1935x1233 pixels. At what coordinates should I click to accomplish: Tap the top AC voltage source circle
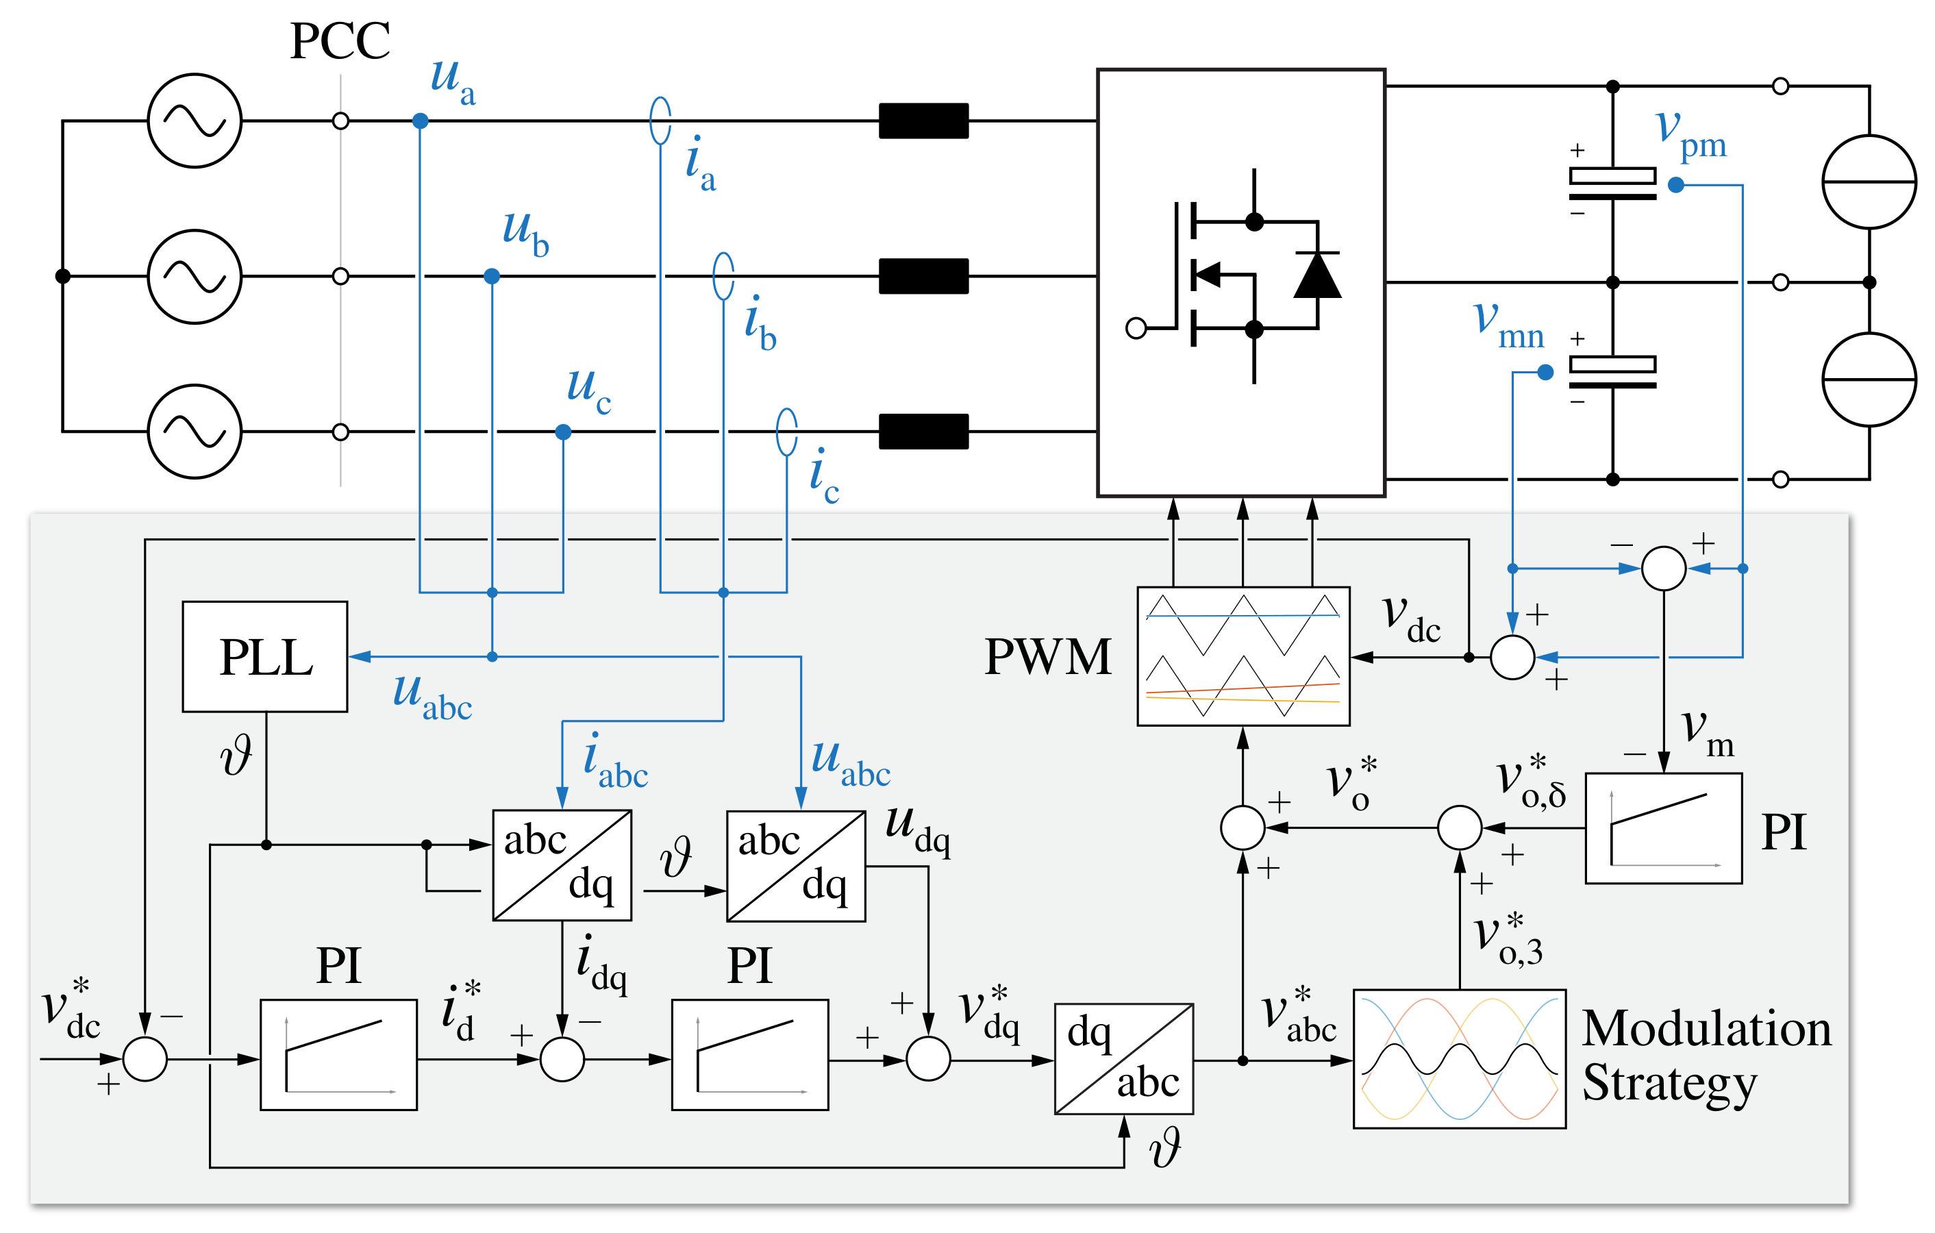[195, 121]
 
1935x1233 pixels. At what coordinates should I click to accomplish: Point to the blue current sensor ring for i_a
[660, 121]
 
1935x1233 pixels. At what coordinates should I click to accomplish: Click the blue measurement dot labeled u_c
[563, 432]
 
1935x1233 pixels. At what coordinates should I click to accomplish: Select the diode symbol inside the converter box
[1316, 275]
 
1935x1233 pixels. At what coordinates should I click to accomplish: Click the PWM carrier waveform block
[1243, 656]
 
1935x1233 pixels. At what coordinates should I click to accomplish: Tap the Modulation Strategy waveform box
[1458, 1058]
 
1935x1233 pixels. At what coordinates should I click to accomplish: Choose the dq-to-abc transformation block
[1123, 1058]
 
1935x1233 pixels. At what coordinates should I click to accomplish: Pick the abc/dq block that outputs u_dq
[795, 865]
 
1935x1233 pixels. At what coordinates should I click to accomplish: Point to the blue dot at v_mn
[1545, 372]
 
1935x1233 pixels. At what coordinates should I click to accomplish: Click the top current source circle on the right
[1869, 182]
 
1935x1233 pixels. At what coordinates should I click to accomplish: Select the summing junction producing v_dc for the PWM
[1512, 657]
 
